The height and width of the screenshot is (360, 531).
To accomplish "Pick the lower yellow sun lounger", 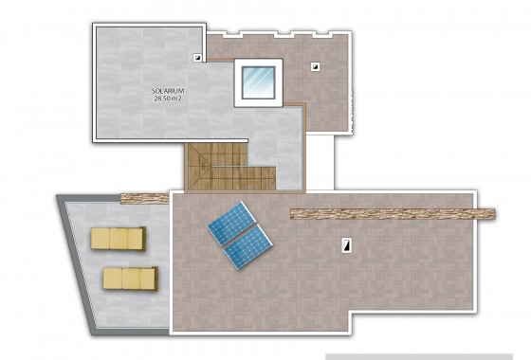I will point(129,278).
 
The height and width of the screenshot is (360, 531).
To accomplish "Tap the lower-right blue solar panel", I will point(248,248).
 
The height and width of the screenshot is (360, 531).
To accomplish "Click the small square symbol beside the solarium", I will point(197,57).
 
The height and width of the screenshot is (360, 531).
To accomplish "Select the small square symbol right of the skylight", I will point(314,66).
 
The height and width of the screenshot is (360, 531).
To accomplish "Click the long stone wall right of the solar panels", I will point(393,213).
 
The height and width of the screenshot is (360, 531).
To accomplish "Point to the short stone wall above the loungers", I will point(143,197).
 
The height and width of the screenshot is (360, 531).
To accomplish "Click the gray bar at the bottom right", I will point(427,356).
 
